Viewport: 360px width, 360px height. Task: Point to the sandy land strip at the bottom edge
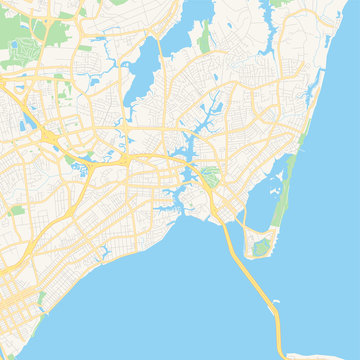coord(300,355)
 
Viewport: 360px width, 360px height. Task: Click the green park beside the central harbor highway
coord(209,180)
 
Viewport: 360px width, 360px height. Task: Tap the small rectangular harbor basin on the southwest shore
coord(100,250)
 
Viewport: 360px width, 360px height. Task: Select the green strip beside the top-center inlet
coord(205,40)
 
